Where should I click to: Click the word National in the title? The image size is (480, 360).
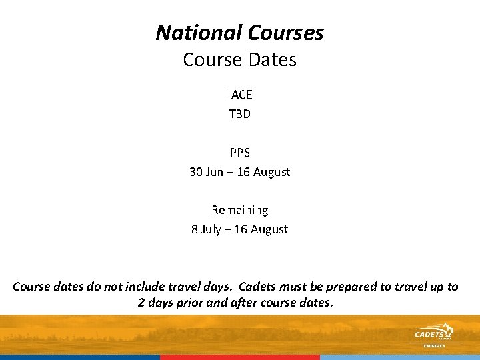[199, 32]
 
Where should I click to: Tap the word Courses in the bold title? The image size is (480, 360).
[285, 32]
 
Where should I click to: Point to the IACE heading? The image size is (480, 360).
[240, 95]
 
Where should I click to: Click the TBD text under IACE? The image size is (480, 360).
[240, 114]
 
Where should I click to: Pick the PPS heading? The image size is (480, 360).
[240, 152]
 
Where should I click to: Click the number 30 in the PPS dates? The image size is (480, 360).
[196, 171]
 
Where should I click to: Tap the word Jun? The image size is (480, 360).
[215, 171]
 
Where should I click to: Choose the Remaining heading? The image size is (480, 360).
[240, 210]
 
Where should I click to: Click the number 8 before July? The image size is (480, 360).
[195, 229]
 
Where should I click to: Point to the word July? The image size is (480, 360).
[213, 229]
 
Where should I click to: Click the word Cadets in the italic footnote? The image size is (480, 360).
[261, 287]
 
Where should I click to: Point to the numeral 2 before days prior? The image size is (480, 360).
[141, 303]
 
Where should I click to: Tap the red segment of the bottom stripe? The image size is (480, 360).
[240, 357]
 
